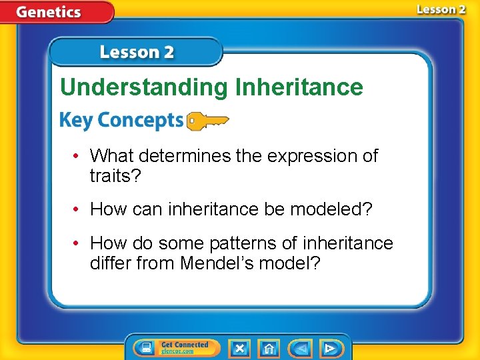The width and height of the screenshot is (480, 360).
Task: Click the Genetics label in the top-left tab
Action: coord(49,11)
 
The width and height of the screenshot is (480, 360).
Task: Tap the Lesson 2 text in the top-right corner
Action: coord(441,9)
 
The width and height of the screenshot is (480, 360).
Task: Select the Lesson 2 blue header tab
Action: coord(137,52)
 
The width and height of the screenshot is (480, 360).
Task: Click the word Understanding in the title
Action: coord(143,87)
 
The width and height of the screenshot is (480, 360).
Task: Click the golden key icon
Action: coord(207,121)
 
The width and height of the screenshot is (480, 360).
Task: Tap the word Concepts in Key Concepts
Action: coord(137,121)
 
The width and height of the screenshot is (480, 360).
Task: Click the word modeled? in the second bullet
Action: coord(340,209)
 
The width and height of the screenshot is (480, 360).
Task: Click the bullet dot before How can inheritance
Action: coord(77,209)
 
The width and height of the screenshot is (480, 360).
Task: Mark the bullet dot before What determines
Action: coord(77,156)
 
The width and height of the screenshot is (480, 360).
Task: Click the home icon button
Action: coord(269,348)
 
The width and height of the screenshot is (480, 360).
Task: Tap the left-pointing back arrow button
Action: coord(301,348)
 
